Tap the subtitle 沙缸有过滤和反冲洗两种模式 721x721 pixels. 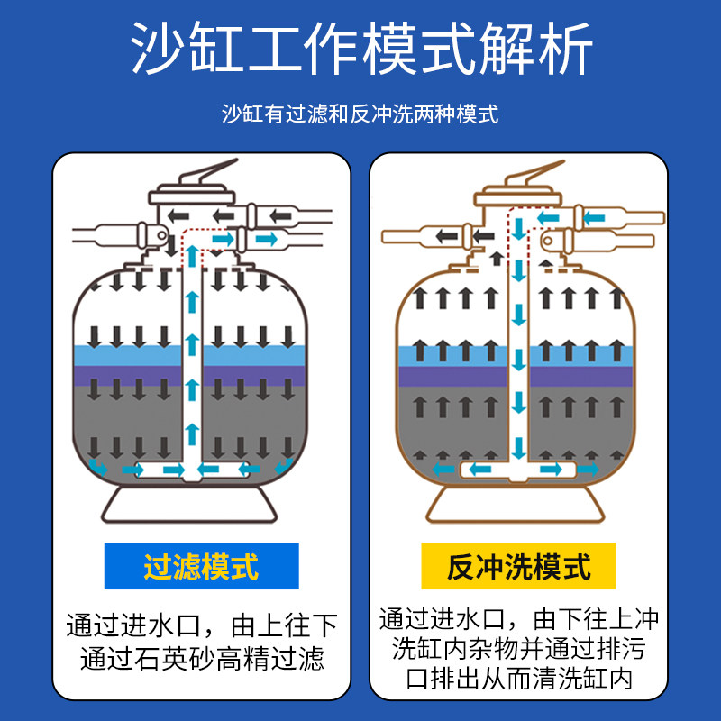(x=360, y=114)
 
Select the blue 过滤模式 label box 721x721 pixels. (x=201, y=566)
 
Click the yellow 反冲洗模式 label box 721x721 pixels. (x=518, y=566)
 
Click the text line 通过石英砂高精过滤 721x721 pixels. (x=201, y=659)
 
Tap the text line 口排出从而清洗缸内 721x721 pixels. (x=518, y=678)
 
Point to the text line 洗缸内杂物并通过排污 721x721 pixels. (x=518, y=649)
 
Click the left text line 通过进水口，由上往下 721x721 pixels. (x=201, y=625)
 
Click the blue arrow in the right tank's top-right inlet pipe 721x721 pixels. (x=594, y=217)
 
